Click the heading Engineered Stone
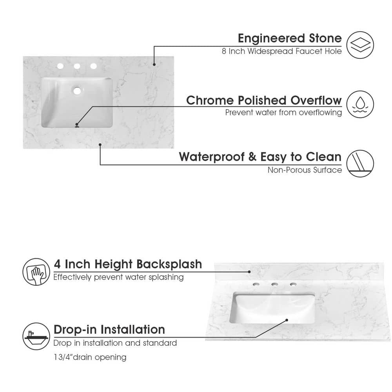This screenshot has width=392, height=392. pos(290,38)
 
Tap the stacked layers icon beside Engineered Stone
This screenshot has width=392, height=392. pos(360,45)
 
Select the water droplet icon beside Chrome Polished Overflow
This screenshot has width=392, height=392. pos(360,104)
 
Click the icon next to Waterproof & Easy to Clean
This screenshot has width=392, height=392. pos(360,163)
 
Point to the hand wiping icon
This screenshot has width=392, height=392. pos(36,272)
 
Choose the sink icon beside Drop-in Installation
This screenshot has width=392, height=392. pos(36,336)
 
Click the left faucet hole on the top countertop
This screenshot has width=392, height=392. pos(60,66)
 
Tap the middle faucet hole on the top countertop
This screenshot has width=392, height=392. pos(77,66)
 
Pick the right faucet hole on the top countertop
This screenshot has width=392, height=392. pos(94,66)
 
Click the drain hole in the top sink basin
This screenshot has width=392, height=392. pos(77,91)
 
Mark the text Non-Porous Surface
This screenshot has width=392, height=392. pos(305,170)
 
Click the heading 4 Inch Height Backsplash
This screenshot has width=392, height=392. pos(128,264)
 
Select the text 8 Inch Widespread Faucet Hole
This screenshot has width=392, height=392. pos(282,51)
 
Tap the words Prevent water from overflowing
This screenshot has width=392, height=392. pos(283,113)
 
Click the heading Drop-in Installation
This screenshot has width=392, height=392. pos(109,330)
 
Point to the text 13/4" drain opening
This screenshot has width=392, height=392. pos(90,357)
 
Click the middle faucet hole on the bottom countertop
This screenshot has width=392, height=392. pos(274,284)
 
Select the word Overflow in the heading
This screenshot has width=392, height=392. pos(316,100)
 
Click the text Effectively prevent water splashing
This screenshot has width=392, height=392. pos(118,277)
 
